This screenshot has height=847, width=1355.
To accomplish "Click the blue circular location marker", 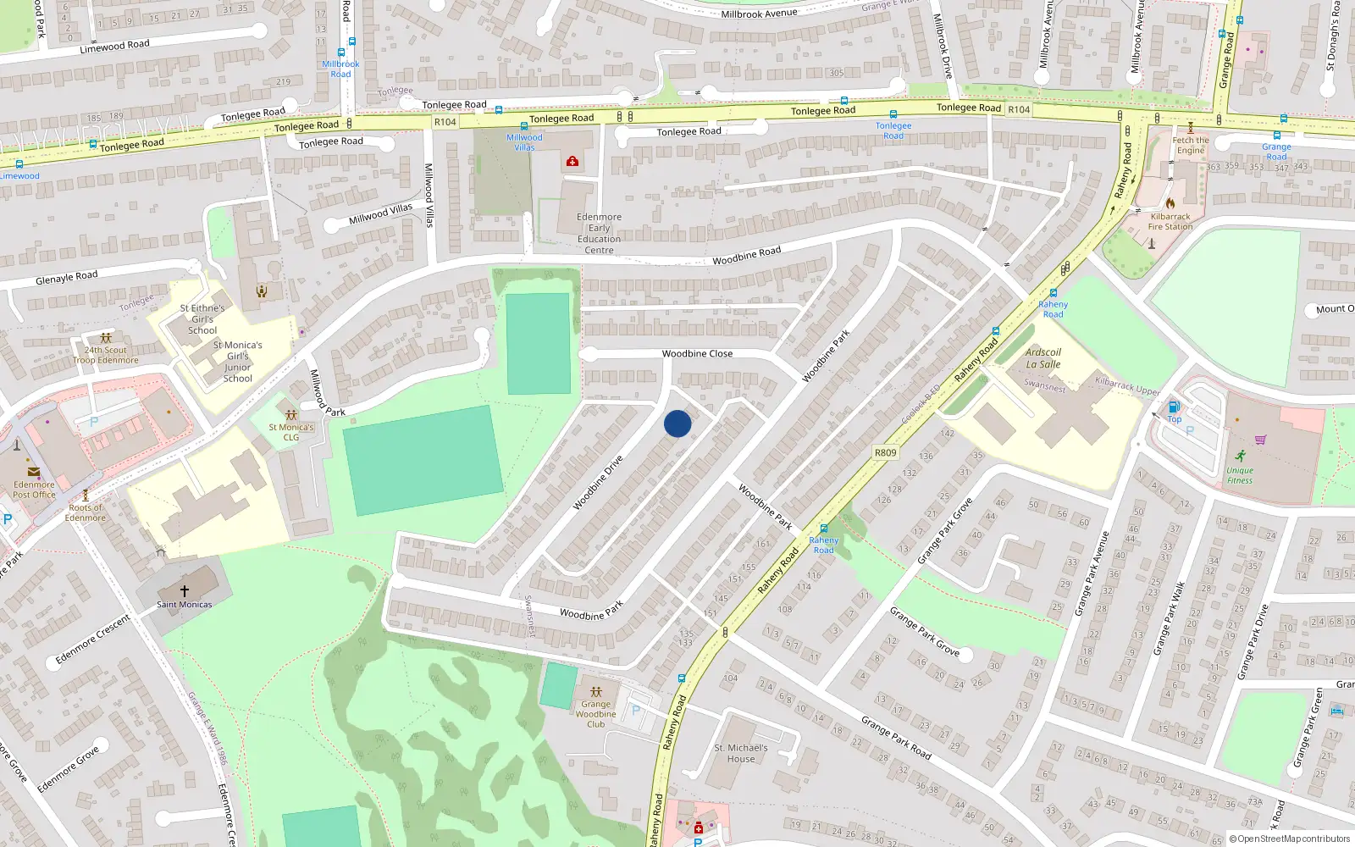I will pos(677,423).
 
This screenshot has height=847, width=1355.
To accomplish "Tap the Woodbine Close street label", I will pos(697,354).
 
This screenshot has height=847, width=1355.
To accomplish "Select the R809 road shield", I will pos(885,453).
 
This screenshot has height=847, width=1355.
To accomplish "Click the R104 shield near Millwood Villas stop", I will pos(445,122).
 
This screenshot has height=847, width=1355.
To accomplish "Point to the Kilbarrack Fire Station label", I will pos(1170,222).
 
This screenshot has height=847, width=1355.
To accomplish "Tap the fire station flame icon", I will pos(1170,203).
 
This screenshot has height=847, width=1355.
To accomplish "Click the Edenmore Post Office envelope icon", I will pos(34,472).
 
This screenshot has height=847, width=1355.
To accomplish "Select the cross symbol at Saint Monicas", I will pos(184,590).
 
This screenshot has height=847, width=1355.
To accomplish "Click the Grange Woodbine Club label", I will pos(595,714).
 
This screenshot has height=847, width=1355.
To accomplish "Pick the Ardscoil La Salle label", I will pos(1043,358).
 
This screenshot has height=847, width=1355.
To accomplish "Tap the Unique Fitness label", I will pos(1240,475).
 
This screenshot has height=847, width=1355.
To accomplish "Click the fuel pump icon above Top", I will pos(1174,407).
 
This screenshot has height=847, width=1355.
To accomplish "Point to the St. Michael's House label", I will pos(740,753).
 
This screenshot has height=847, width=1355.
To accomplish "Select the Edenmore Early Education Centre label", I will pos(599,233).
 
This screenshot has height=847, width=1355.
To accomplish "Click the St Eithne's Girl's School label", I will pos(202,319).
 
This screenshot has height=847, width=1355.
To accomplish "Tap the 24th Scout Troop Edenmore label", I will pos(106,355).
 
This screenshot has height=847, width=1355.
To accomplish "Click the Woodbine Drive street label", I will pos(598,483).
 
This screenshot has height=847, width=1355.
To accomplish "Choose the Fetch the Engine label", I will pos(1191,145).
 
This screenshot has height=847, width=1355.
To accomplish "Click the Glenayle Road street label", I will pos(67,278).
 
